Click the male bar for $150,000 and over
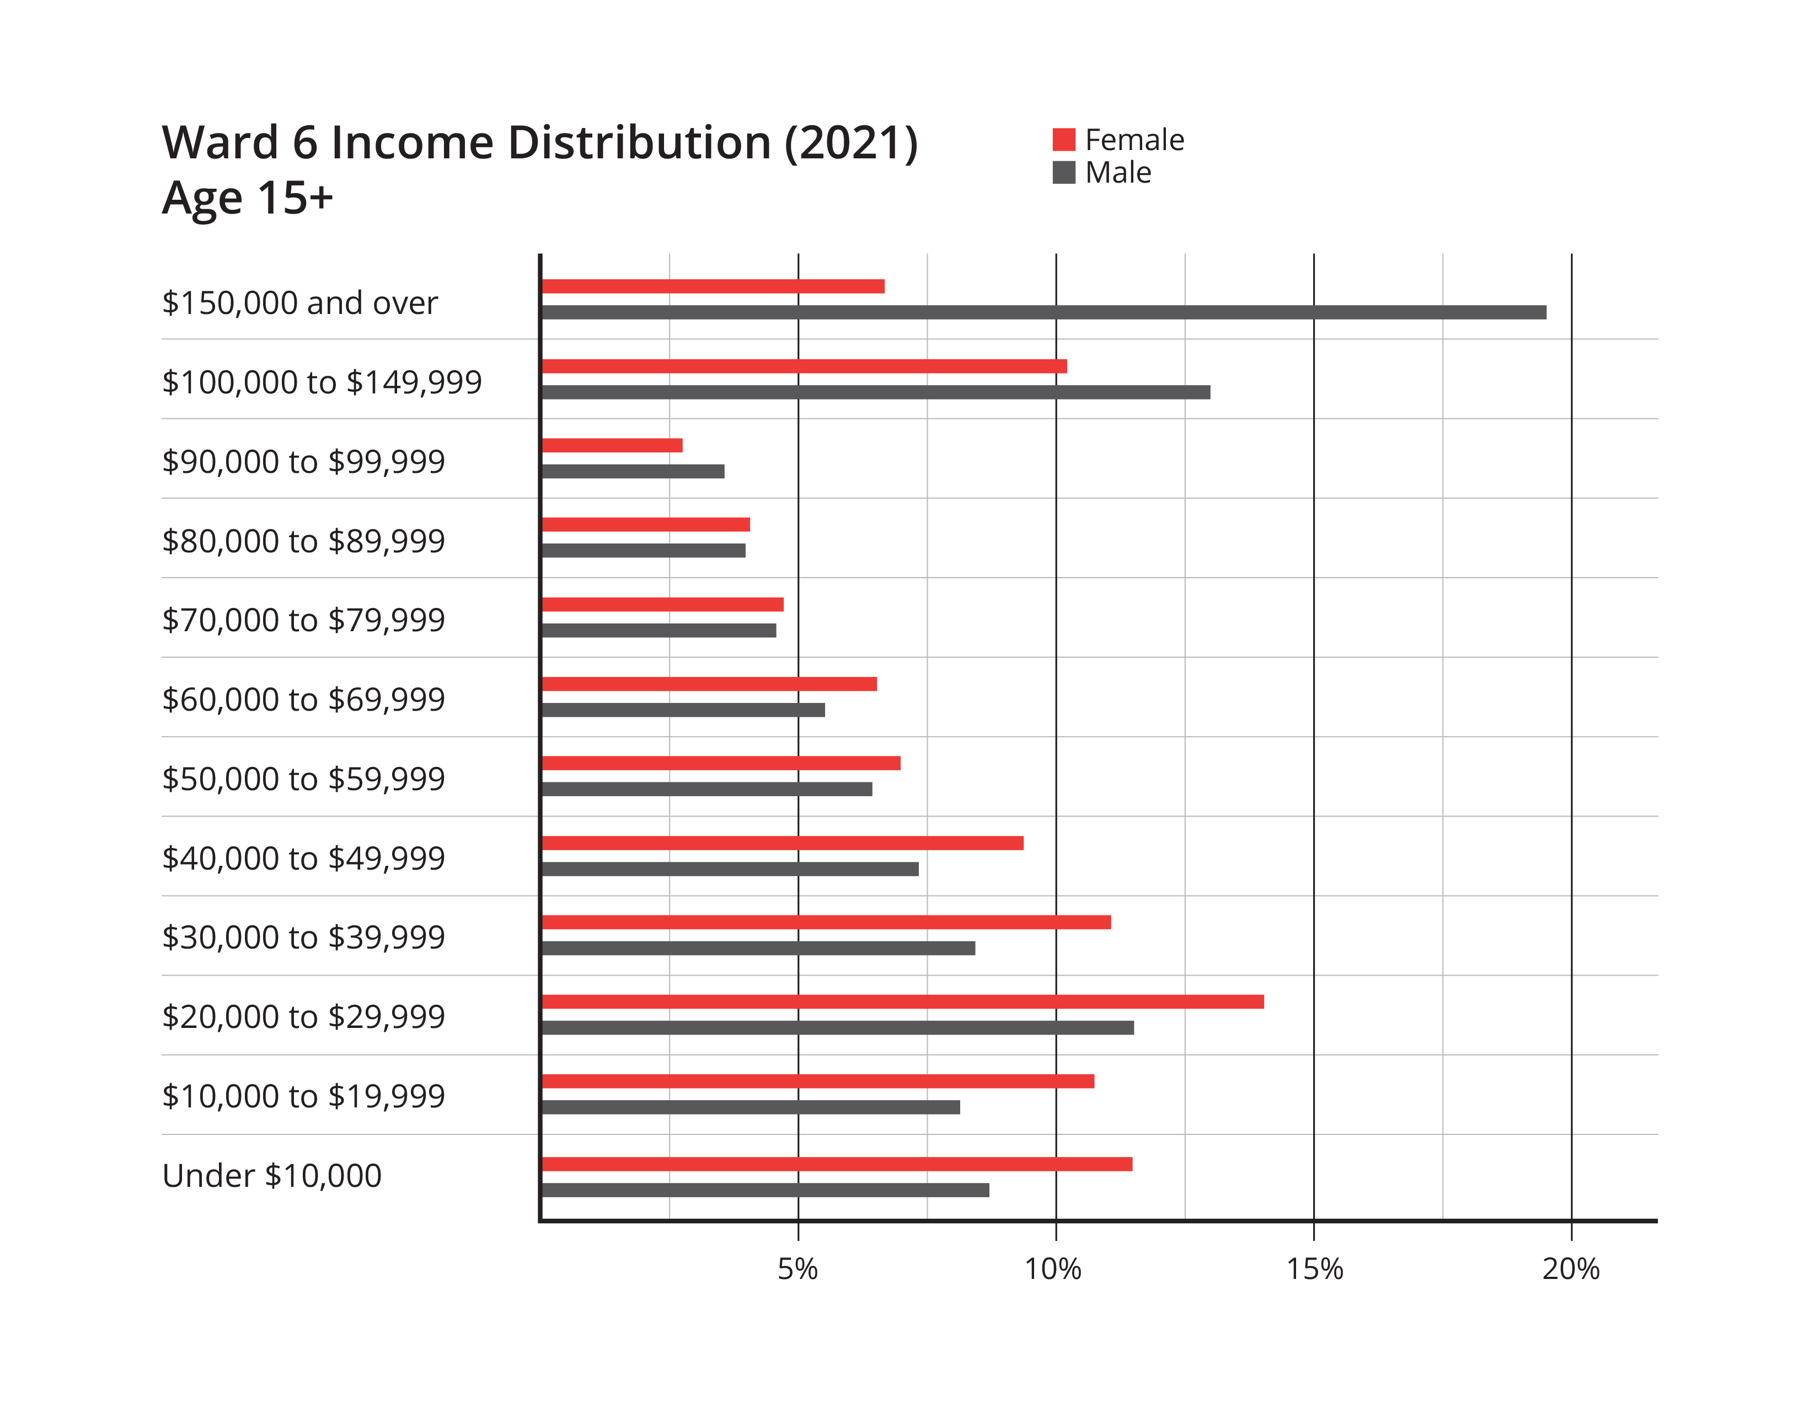click(x=1043, y=312)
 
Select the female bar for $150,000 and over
click(x=713, y=287)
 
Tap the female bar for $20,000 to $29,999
click(x=902, y=1002)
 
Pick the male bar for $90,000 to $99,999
click(x=633, y=472)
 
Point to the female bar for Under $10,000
click(x=837, y=1164)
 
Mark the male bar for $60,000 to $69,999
click(x=683, y=710)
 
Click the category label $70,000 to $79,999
click(x=303, y=620)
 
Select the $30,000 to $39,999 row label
click(x=303, y=937)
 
